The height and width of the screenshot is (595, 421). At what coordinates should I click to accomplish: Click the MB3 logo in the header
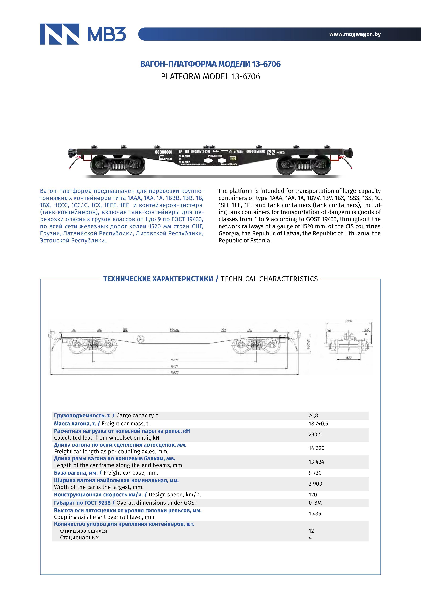point(83,34)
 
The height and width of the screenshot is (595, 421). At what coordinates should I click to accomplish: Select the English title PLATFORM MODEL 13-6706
point(210,76)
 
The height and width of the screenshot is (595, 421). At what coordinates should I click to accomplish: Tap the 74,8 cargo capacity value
point(313,415)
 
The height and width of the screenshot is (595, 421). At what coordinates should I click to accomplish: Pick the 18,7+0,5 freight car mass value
point(318,424)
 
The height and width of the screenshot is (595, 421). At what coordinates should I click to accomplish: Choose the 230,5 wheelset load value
point(315,434)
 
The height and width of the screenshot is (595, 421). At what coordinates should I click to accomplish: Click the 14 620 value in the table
point(316,448)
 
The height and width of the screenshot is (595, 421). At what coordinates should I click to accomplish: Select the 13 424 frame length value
point(316,462)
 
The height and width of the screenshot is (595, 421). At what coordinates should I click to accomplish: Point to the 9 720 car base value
point(315,473)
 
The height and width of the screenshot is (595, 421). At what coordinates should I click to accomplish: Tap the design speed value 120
point(313,494)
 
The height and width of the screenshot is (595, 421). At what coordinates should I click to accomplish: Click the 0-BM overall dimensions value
point(315,503)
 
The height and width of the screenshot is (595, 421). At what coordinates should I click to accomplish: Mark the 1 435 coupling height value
point(315,513)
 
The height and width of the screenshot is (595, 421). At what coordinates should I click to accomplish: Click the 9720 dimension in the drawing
point(174,360)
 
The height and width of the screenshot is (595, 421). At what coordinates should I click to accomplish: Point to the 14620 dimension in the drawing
point(174,372)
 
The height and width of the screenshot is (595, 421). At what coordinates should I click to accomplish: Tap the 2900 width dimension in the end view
point(348,321)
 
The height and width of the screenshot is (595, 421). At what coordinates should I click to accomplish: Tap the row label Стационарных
point(79,538)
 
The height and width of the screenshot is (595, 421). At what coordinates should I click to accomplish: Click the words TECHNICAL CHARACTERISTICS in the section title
point(269,279)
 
